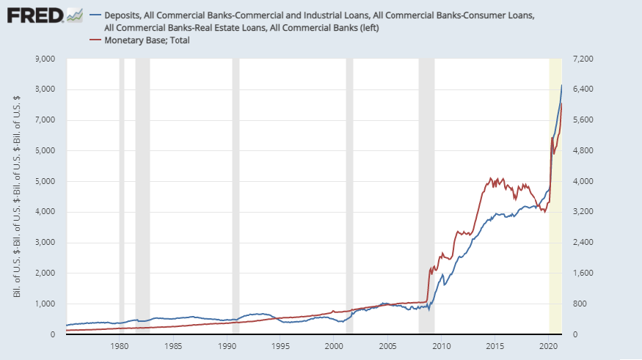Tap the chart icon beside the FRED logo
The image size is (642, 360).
coord(74,14)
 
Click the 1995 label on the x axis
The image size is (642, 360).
coord(280,347)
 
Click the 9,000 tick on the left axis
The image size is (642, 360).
coord(45,59)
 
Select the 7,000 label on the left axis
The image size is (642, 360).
coord(45,120)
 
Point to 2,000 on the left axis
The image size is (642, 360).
coord(45,273)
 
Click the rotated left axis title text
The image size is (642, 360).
coord(17,196)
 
